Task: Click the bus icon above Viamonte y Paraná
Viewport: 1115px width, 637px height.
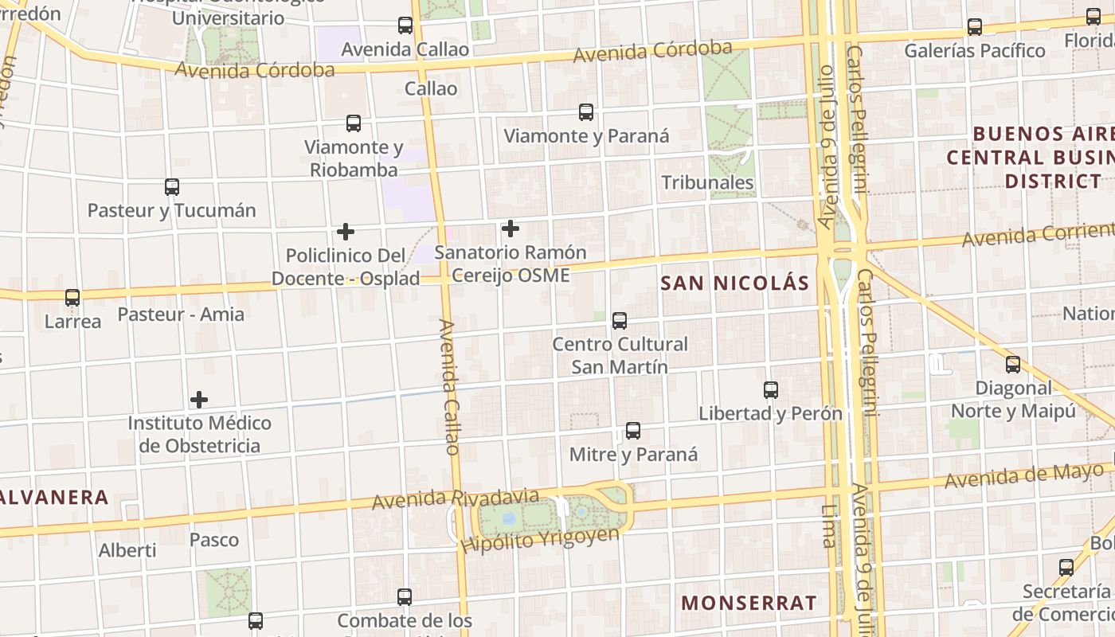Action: [586, 112]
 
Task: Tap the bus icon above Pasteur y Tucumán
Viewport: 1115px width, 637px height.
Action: [172, 187]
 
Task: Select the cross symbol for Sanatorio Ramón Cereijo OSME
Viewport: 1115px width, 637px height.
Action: [511, 229]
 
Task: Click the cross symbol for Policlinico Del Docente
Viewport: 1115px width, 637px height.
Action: [346, 232]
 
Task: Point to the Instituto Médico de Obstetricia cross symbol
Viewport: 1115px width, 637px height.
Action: [199, 399]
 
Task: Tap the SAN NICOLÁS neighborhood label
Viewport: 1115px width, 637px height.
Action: [734, 283]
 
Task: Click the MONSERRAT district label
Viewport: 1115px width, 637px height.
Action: [749, 603]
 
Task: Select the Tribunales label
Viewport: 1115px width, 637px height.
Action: [707, 182]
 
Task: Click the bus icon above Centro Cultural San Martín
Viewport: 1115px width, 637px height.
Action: [620, 321]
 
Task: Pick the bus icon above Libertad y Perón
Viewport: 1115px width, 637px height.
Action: [771, 390]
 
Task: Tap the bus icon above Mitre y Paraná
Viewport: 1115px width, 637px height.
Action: [633, 431]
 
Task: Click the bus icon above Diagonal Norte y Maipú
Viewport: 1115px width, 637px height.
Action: [1013, 365]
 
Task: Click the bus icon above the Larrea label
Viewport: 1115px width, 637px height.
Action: [72, 298]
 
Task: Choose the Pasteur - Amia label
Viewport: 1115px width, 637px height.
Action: [181, 314]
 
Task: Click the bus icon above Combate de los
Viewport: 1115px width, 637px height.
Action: [405, 596]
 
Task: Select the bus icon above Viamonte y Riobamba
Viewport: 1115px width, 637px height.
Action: [354, 123]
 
